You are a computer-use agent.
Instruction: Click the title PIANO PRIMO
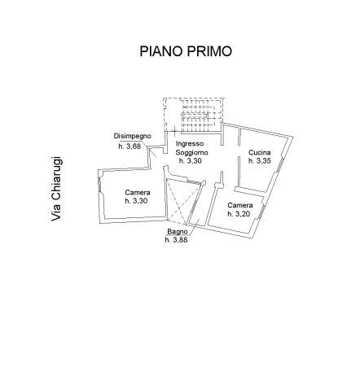(x=186, y=51)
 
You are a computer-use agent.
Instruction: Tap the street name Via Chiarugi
(x=57, y=189)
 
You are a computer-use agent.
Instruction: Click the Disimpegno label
(x=132, y=136)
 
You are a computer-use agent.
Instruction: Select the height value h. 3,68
(x=130, y=146)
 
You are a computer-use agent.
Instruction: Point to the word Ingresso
(x=190, y=144)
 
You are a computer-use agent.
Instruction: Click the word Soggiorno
(x=191, y=152)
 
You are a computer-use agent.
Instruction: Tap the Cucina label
(x=260, y=152)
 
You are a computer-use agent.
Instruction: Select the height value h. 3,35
(x=260, y=161)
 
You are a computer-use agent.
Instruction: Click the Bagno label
(x=178, y=232)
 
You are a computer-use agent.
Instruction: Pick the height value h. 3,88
(x=176, y=240)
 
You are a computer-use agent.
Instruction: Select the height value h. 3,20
(x=239, y=214)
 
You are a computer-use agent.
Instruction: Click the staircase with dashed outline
(x=194, y=115)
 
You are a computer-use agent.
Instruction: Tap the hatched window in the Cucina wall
(x=279, y=164)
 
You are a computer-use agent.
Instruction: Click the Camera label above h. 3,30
(x=138, y=193)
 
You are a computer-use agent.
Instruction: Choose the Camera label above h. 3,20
(x=240, y=205)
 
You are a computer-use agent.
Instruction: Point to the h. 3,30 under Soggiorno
(x=191, y=161)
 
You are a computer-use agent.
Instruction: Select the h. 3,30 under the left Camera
(x=136, y=201)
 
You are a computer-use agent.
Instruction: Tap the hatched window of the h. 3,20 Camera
(x=261, y=212)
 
